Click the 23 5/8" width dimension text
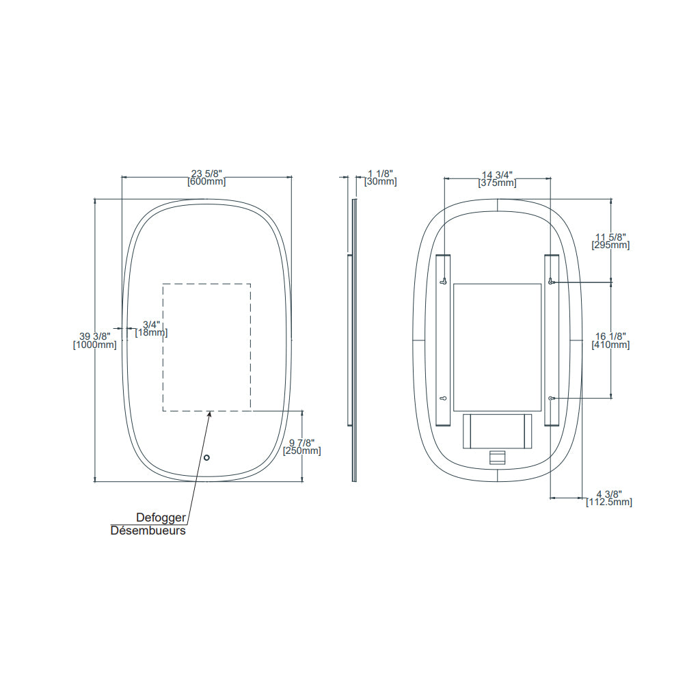pos(206,174)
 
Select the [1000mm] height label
pos(95,345)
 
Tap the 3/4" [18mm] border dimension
pos(152,328)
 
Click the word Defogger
pos(161,518)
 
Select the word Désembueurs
pos(148,530)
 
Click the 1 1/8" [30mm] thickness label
pos(381,178)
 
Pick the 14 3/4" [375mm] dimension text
pos(497,178)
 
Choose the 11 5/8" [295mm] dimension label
pos(610,241)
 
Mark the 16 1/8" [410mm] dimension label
pos(610,340)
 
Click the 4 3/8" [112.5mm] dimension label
pos(609,498)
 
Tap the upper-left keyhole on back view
pos(443,281)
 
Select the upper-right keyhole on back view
pos(551,282)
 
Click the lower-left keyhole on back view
pos(443,398)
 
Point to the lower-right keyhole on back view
pos(551,398)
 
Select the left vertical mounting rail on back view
pos(443,340)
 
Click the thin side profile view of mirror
pos(354,340)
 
